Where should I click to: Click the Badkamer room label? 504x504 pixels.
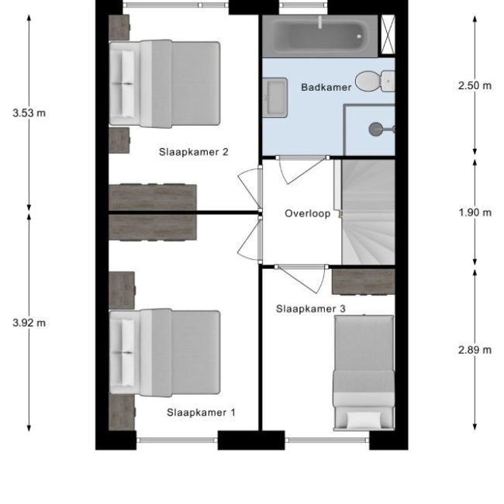(326, 87)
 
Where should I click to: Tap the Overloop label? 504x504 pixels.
(308, 214)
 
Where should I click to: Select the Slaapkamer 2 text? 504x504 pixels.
(194, 152)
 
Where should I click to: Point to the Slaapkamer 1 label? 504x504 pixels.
(201, 413)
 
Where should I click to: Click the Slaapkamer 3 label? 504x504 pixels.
(310, 309)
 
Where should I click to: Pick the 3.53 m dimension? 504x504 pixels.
(29, 113)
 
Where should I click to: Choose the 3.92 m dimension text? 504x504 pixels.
(29, 323)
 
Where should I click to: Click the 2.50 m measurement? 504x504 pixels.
(475, 85)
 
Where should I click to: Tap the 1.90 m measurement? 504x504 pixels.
(475, 212)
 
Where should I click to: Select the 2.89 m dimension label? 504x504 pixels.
(475, 350)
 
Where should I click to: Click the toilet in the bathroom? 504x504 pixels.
(375, 81)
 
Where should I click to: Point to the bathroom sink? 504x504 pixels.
(274, 98)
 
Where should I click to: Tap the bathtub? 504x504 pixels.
(320, 36)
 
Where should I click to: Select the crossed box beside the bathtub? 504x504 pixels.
(388, 35)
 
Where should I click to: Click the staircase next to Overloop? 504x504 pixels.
(368, 212)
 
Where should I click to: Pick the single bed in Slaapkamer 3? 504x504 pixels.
(364, 373)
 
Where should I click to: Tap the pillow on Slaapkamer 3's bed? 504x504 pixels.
(364, 419)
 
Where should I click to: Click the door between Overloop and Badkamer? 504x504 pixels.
(302, 171)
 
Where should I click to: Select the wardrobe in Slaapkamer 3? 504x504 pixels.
(363, 281)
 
